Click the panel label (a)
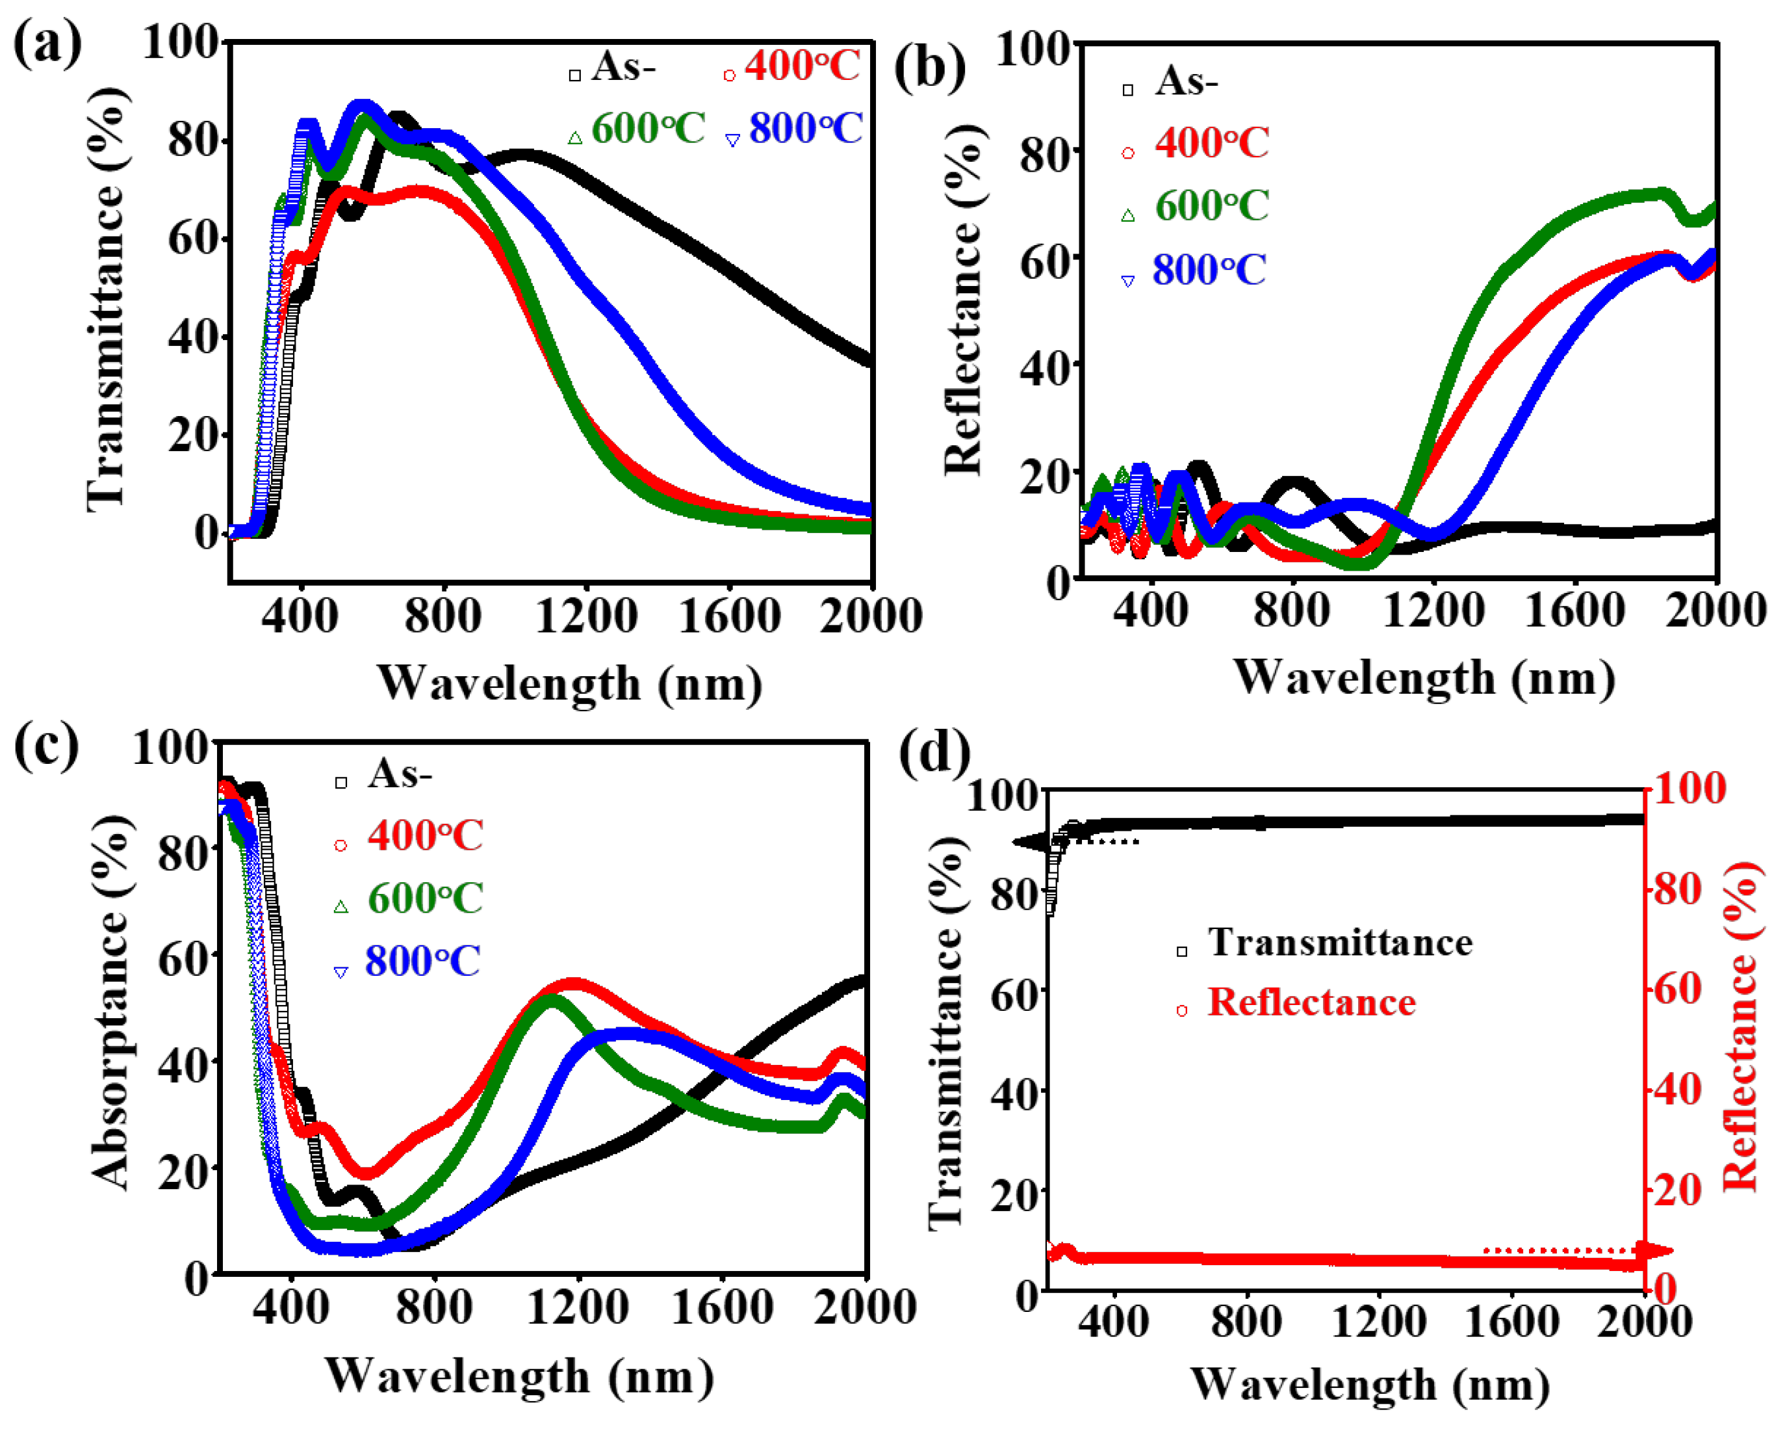click(47, 43)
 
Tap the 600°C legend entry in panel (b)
click(1211, 205)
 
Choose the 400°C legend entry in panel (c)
click(424, 835)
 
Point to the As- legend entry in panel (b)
click(1186, 81)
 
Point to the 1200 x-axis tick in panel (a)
click(586, 616)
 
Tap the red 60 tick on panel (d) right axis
click(1677, 989)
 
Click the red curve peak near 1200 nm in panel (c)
click(574, 985)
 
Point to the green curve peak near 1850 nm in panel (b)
click(1658, 195)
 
